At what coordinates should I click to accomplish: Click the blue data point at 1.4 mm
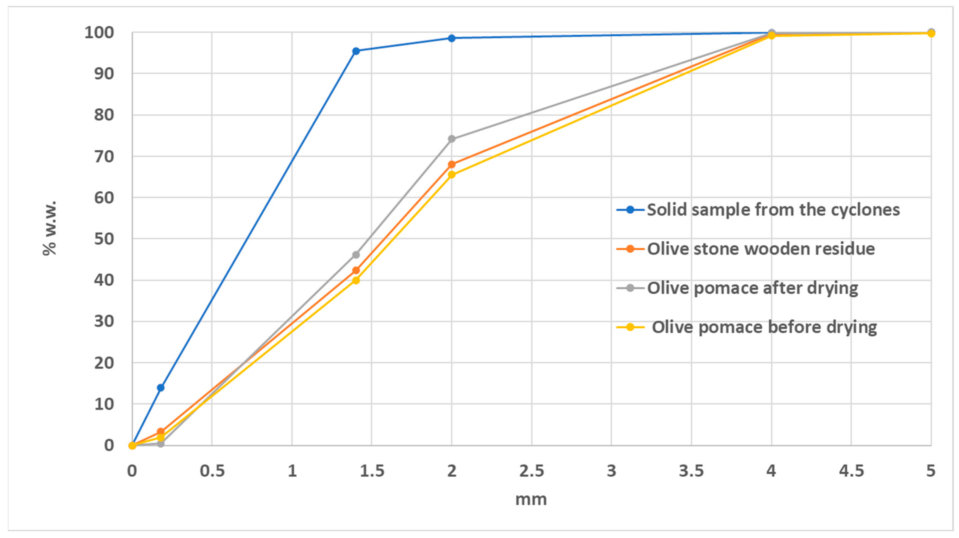[356, 51]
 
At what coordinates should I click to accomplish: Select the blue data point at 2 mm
[452, 38]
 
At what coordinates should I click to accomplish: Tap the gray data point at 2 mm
[452, 139]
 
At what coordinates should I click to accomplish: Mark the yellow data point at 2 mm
[452, 174]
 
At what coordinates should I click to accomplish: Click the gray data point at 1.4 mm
[356, 255]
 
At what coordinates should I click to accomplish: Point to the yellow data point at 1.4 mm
[356, 280]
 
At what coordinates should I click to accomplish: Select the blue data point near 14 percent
[160, 388]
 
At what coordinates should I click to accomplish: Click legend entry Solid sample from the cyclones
[773, 210]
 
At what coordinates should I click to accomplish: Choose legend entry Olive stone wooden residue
[761, 249]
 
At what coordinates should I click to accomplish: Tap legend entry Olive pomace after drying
[752, 288]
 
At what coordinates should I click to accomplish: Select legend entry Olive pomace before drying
[764, 327]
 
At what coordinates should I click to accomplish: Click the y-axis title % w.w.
[49, 228]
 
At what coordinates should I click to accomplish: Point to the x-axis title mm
[531, 499]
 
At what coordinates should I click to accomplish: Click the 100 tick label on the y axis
[99, 33]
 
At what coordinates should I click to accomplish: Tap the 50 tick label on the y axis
[104, 239]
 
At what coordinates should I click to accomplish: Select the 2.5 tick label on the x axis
[531, 471]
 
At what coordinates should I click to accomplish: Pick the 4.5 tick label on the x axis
[851, 471]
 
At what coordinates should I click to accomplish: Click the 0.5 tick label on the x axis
[212, 471]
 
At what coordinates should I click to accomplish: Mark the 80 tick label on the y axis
[104, 115]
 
